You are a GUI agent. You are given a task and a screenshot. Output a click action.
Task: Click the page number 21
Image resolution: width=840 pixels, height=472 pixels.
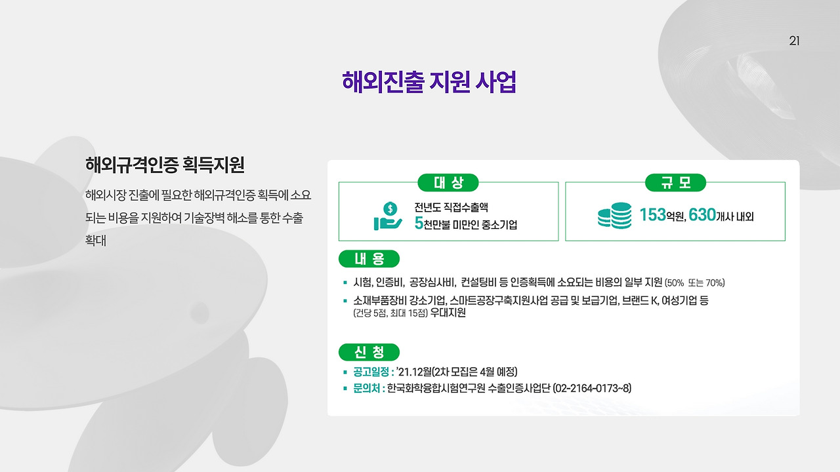tap(794, 41)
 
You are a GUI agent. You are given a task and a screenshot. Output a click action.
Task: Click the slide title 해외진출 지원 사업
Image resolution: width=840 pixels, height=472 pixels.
tap(429, 83)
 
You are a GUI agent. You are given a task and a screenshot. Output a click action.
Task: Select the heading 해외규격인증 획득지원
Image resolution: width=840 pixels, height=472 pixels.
tap(165, 165)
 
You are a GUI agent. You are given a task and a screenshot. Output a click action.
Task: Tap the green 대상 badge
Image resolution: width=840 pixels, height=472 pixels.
tap(448, 183)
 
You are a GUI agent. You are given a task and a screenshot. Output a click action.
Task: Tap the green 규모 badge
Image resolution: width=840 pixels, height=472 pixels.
tap(675, 183)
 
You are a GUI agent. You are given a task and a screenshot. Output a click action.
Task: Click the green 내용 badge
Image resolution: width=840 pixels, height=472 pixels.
tap(369, 259)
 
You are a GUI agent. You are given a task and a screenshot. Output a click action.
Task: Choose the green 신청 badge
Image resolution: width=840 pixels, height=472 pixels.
tap(369, 352)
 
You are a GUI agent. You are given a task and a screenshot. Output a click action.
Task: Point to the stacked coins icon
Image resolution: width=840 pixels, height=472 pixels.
tap(614, 216)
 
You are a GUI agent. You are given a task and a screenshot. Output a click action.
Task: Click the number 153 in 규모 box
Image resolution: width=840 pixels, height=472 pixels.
tap(652, 215)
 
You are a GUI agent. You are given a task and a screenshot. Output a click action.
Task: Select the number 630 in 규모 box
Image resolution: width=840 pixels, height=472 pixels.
tap(702, 215)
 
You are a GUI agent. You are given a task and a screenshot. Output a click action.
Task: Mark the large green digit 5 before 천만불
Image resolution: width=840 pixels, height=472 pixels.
tap(418, 224)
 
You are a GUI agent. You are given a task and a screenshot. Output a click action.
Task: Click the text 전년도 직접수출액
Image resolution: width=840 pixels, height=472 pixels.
tap(451, 208)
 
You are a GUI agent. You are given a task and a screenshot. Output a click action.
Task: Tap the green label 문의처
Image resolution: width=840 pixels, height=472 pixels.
tap(366, 388)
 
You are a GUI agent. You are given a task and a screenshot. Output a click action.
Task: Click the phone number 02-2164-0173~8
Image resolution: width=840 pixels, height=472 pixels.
tap(592, 388)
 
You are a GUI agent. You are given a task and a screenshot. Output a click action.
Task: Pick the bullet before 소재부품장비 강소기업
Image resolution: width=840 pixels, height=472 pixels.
tap(345, 300)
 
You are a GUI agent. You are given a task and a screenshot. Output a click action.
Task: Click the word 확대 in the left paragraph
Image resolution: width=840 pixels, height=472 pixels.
tap(96, 241)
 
